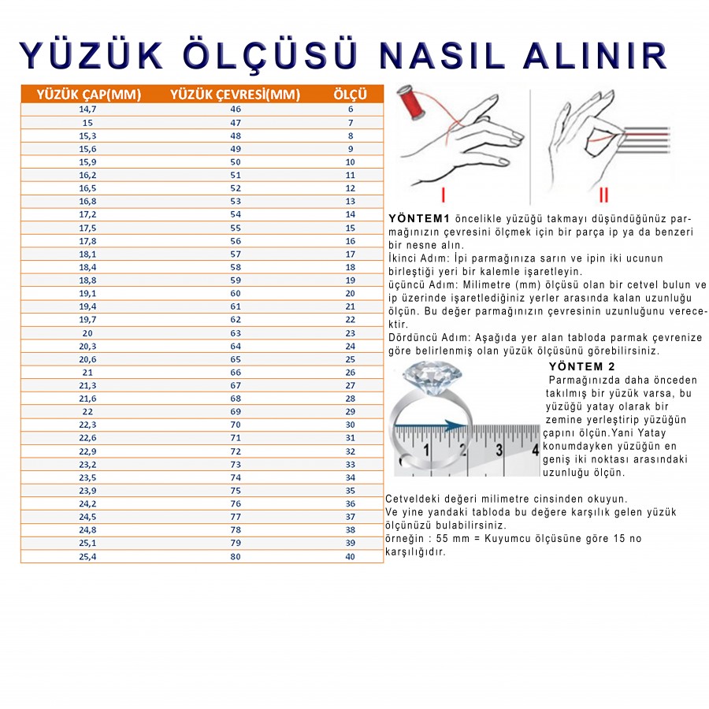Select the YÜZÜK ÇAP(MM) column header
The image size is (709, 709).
(89, 95)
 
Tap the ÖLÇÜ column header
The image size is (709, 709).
(350, 95)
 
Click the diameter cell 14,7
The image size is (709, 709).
(87, 110)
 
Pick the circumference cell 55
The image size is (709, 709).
(235, 228)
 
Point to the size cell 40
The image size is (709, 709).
(350, 556)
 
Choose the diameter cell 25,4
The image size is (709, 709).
(87, 556)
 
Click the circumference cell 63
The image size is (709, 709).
(235, 333)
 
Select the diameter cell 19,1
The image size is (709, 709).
(87, 294)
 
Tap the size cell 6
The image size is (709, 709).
(350, 110)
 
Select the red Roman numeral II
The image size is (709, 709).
(603, 194)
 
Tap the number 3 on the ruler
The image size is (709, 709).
(499, 451)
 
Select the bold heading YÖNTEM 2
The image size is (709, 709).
(581, 367)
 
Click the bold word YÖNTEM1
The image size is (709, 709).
(418, 218)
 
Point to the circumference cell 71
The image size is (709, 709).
(235, 438)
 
